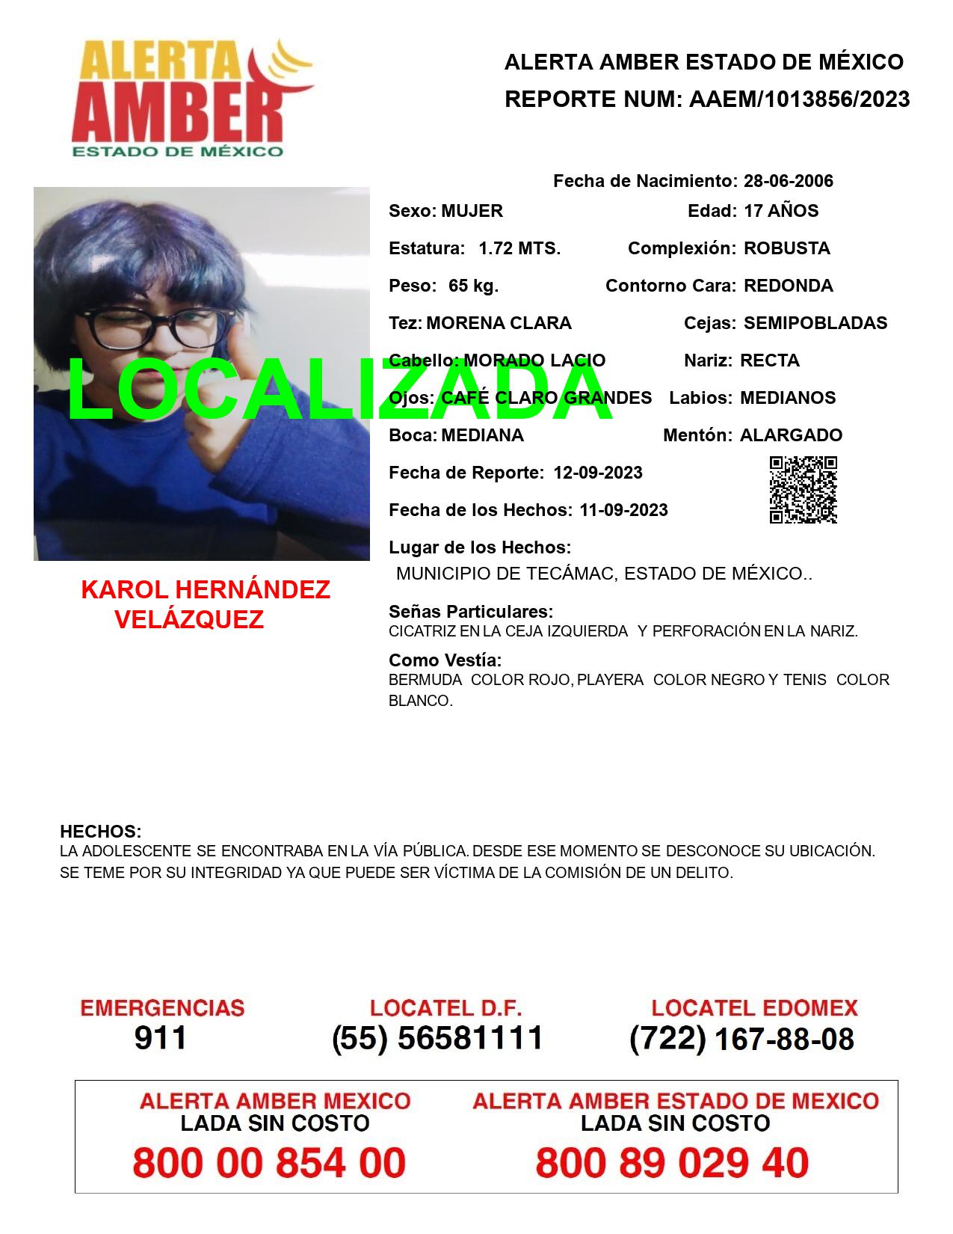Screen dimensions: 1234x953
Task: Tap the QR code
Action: [x=803, y=490]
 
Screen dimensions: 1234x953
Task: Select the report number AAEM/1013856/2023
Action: [x=799, y=99]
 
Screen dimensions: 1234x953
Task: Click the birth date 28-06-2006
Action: [x=788, y=181]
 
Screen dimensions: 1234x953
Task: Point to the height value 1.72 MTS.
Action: [x=519, y=248]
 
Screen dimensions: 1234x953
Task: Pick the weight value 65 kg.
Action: [x=473, y=286]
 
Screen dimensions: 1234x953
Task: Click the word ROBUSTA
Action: [x=786, y=248]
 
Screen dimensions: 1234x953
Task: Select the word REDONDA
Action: [x=788, y=286]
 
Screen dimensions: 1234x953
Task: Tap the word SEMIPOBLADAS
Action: [x=815, y=323]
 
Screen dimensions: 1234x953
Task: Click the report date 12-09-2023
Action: [x=597, y=473]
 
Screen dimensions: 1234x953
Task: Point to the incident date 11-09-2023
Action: [x=623, y=510]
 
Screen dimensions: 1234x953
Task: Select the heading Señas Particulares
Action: [x=470, y=612]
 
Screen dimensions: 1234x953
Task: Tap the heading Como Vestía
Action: [x=445, y=660]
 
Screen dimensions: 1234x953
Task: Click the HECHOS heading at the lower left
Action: [x=100, y=832]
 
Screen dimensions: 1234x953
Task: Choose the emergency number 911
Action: [x=160, y=1038]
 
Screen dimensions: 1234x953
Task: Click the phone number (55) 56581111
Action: [x=437, y=1038]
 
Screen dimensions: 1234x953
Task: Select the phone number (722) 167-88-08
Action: [x=741, y=1038]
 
